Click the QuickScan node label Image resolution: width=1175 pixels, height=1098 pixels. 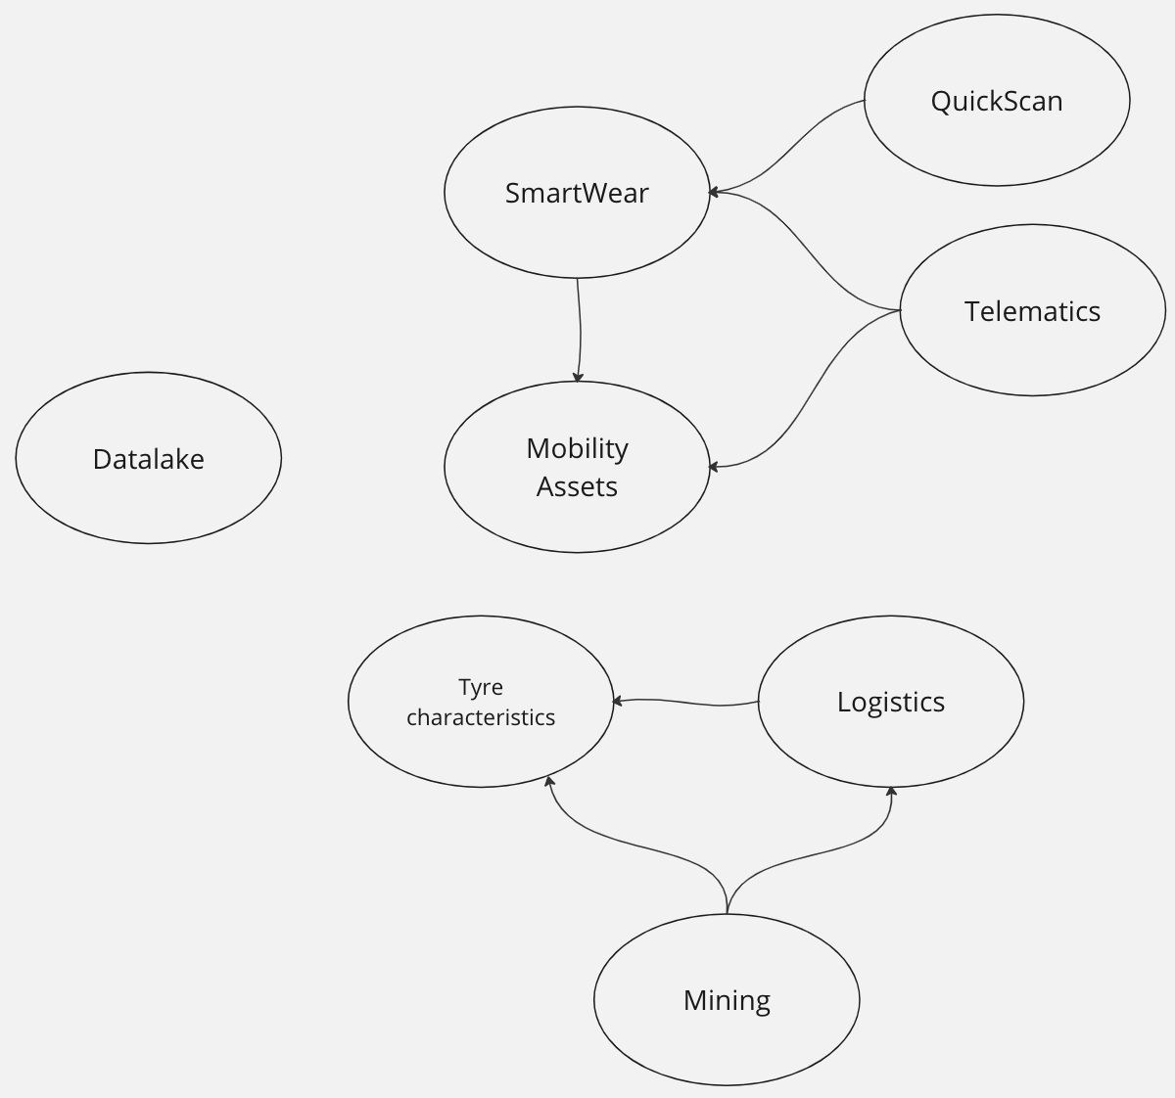click(x=997, y=101)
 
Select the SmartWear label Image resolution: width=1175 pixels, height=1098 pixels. click(x=577, y=193)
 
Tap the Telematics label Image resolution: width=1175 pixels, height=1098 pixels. click(x=1032, y=311)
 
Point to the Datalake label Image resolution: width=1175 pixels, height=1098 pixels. click(x=149, y=459)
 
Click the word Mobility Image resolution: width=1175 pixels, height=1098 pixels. click(x=577, y=448)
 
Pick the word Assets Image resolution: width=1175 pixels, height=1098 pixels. click(x=577, y=486)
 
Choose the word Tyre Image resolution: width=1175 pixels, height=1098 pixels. click(x=481, y=687)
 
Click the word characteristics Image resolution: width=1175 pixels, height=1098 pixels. click(x=481, y=717)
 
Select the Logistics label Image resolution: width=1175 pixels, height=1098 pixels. click(x=891, y=702)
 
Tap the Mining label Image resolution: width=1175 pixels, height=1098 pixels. click(x=727, y=1000)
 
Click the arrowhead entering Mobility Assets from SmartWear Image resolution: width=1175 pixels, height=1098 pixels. click(x=578, y=377)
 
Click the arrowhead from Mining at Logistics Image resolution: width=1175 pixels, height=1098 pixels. click(x=891, y=791)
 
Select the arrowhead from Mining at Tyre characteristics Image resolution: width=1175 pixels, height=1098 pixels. click(x=549, y=781)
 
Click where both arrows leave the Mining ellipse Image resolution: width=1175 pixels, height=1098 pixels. click(x=727, y=913)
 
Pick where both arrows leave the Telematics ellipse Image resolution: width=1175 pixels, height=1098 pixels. click(x=900, y=311)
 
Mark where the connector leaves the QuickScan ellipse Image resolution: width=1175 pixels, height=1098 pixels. click(x=865, y=100)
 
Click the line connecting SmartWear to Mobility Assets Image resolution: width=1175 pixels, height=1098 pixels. click(x=580, y=329)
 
